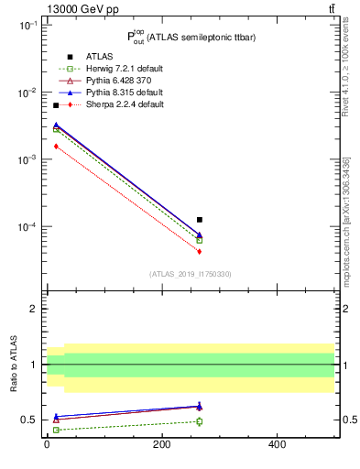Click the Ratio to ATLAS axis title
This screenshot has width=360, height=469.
click(x=15, y=364)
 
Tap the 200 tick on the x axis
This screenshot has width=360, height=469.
click(x=161, y=444)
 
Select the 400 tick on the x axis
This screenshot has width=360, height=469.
click(x=277, y=444)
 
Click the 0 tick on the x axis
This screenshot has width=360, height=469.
click(x=47, y=444)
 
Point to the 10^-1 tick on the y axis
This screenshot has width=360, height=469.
click(x=27, y=26)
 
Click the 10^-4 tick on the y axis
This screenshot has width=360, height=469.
click(x=27, y=226)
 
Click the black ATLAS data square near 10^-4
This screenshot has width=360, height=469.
click(x=200, y=220)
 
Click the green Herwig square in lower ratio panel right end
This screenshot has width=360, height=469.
click(x=200, y=421)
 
